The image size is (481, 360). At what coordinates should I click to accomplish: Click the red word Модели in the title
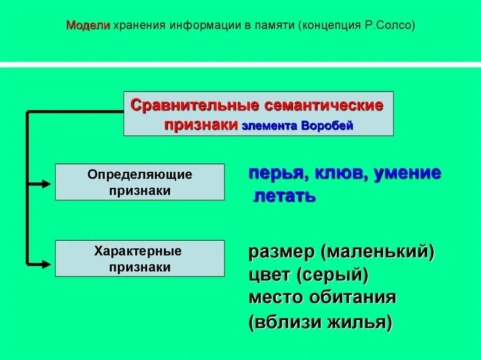click(87, 25)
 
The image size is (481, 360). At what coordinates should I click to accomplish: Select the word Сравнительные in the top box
click(194, 105)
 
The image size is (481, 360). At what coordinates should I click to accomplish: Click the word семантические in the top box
click(324, 105)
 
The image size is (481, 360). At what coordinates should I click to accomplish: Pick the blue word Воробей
click(327, 126)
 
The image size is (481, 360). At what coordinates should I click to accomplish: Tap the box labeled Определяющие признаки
click(140, 182)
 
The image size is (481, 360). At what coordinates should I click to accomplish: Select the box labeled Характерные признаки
click(140, 259)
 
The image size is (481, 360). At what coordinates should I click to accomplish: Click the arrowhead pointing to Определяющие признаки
click(46, 184)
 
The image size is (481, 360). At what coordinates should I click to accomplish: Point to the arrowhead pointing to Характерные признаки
click(46, 264)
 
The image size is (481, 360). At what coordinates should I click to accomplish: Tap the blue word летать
click(285, 196)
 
